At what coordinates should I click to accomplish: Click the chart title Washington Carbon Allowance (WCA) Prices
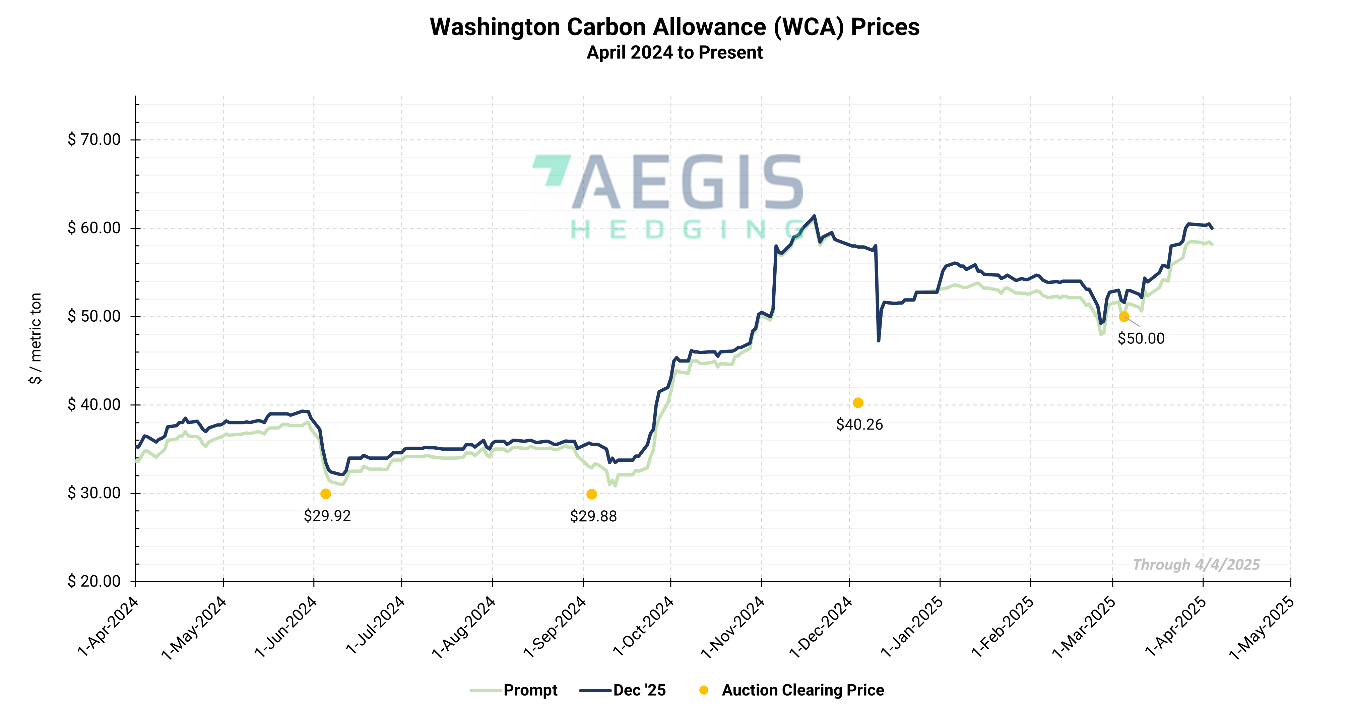click(x=674, y=27)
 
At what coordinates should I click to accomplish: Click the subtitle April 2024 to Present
click(x=674, y=53)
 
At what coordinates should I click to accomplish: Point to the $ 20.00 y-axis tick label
click(x=94, y=581)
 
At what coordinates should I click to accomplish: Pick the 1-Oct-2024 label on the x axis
click(x=644, y=627)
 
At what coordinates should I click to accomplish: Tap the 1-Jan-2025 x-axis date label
click(x=912, y=627)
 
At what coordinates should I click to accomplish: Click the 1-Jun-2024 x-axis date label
click(x=286, y=627)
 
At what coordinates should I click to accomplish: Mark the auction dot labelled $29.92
click(x=325, y=494)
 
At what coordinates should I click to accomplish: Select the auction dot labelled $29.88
click(x=592, y=494)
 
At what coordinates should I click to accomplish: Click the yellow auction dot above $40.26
click(x=858, y=403)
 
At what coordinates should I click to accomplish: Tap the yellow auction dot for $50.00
click(x=1123, y=317)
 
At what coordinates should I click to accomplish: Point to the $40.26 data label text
click(x=859, y=425)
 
